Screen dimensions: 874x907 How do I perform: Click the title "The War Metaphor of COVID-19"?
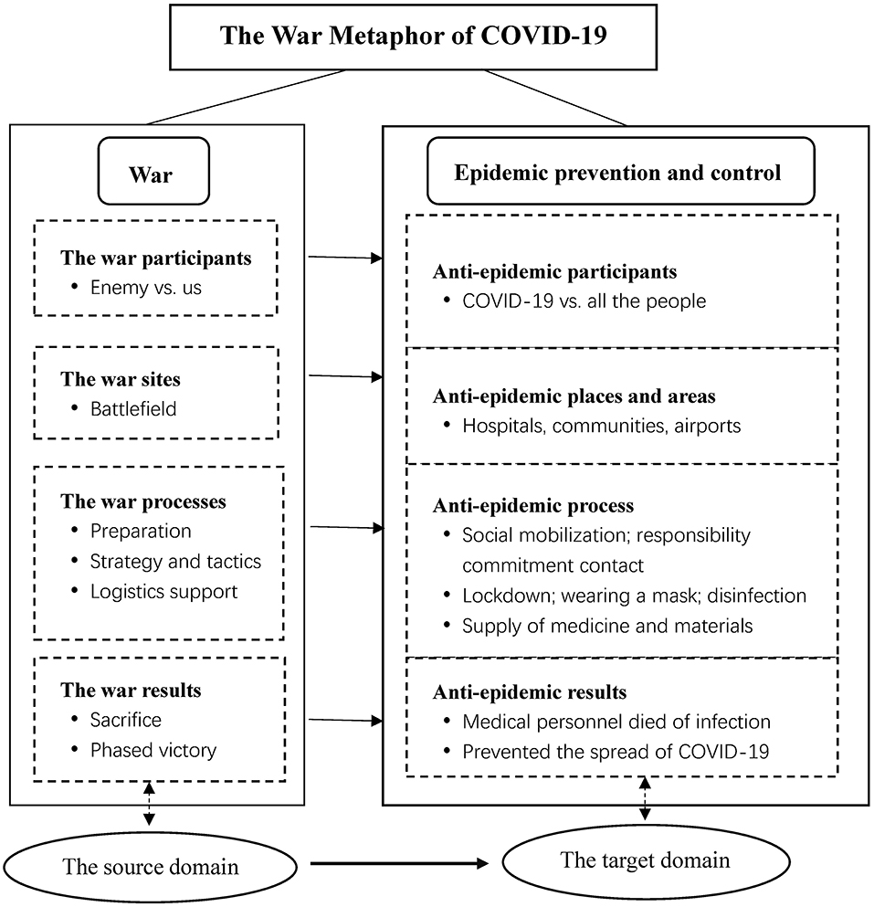coord(413,36)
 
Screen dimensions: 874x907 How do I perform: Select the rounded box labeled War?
coord(153,171)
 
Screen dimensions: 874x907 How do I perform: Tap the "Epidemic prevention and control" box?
coord(621,171)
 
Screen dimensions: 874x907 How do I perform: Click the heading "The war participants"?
coord(156,258)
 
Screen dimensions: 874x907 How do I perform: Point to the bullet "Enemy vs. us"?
coord(146,288)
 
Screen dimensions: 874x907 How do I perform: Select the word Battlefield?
coord(133,409)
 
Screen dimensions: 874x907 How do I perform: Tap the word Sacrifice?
coord(125,720)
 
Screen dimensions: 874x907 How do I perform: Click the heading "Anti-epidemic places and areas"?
coord(574,396)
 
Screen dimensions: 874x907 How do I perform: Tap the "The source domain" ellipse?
coord(153,866)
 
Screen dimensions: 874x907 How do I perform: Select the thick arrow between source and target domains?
coord(400,864)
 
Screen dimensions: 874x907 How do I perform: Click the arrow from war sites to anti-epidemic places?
coord(346,376)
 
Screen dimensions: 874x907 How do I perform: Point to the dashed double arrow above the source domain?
coord(149,804)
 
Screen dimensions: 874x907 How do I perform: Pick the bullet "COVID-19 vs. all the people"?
coord(584,301)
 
